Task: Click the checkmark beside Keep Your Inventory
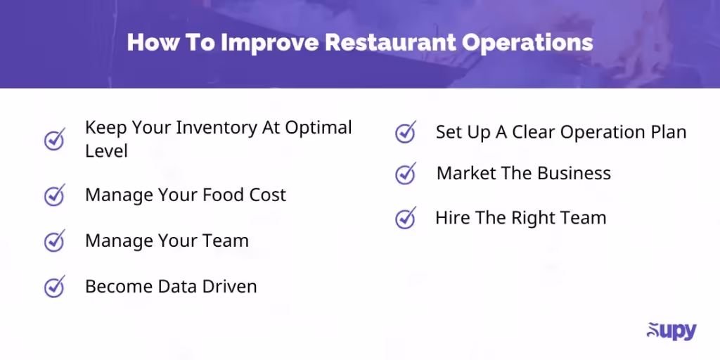(x=55, y=139)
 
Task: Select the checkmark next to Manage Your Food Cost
(x=55, y=195)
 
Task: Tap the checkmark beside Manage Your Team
(x=55, y=240)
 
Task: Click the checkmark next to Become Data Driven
(x=55, y=286)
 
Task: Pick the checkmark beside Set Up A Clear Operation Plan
(x=406, y=132)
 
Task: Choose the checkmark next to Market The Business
(x=406, y=174)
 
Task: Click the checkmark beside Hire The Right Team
(x=406, y=218)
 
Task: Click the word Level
(x=106, y=150)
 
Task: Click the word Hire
(x=453, y=218)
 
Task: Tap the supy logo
(x=671, y=330)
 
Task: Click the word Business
(x=571, y=174)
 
